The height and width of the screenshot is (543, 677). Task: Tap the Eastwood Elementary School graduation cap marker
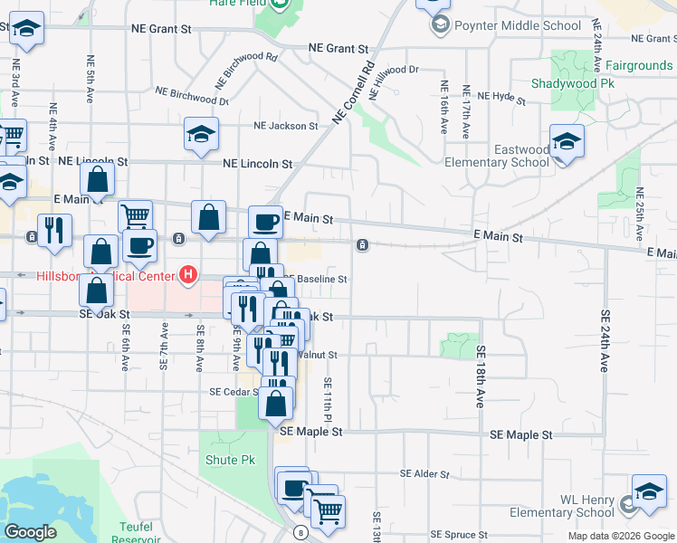[567, 143]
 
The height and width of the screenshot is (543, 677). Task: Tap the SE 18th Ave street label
[481, 376]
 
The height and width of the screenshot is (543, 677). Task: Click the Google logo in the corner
[30, 532]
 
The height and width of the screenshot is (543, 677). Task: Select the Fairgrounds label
[639, 66]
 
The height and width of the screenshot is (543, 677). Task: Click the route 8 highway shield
[300, 532]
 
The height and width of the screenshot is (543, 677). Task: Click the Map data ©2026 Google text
[621, 536]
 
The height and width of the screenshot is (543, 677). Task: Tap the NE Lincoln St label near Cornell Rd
[259, 165]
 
